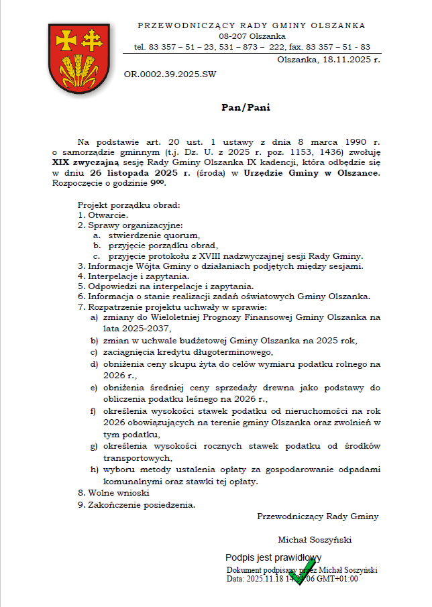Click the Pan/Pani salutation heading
pyautogui.click(x=246, y=107)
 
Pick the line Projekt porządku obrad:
pyautogui.click(x=129, y=205)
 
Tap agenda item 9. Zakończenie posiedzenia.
pyautogui.click(x=136, y=504)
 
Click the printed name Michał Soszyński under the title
pyautogui.click(x=315, y=539)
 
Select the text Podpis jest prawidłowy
pyautogui.click(x=273, y=557)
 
